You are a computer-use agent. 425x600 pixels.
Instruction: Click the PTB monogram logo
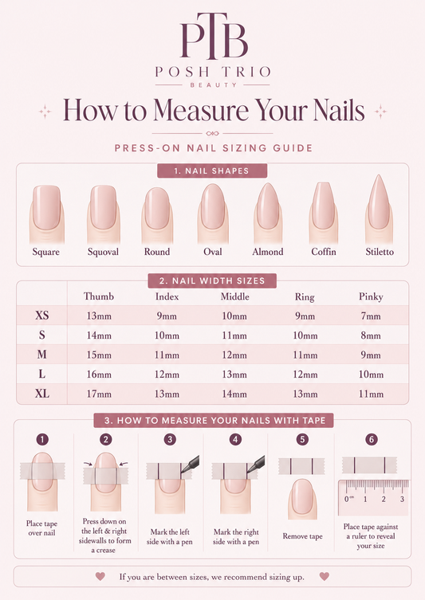(214, 37)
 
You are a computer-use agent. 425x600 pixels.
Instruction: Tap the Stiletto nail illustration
(379, 209)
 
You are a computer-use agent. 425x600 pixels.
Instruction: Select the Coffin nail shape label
(324, 252)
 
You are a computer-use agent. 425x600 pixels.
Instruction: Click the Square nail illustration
(46, 214)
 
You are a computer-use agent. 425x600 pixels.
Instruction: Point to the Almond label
(268, 252)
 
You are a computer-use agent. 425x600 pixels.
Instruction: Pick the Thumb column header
(99, 296)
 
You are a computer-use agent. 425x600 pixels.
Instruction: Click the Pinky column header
(371, 296)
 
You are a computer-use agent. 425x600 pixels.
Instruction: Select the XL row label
(42, 394)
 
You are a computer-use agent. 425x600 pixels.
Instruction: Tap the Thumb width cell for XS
(99, 316)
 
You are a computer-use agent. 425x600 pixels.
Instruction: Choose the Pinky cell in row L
(371, 375)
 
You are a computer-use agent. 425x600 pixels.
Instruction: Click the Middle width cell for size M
(234, 355)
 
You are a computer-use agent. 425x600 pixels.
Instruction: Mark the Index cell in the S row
(167, 335)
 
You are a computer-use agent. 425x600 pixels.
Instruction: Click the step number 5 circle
(302, 439)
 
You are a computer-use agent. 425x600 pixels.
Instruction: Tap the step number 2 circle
(106, 439)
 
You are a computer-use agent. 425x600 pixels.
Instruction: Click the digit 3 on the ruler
(402, 499)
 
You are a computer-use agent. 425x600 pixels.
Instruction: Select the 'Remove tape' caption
(302, 536)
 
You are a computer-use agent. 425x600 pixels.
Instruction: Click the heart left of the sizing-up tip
(100, 576)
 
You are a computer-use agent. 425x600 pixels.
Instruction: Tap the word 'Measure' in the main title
(202, 110)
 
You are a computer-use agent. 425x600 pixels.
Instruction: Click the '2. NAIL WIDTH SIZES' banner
(212, 280)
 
